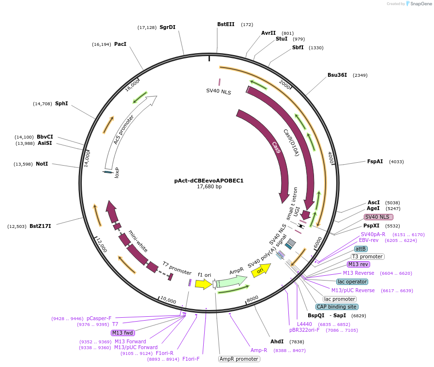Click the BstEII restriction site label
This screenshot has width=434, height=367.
[x=225, y=24]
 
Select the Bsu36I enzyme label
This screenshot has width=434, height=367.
[x=337, y=75]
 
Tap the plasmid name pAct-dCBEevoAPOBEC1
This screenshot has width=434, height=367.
[x=209, y=181]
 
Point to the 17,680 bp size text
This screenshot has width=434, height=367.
[x=209, y=186]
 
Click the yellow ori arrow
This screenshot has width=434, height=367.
[x=260, y=271]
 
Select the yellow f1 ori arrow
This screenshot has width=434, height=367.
[x=203, y=284]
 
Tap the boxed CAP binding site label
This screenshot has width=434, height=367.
[x=336, y=307]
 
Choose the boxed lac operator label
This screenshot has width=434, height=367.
[x=352, y=282]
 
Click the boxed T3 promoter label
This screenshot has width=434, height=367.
[x=367, y=256]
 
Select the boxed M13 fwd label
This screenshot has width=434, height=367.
[x=123, y=333]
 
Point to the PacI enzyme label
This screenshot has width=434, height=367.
[x=120, y=44]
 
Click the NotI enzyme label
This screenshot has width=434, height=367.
[x=42, y=164]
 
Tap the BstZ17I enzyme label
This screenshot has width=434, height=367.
[x=40, y=226]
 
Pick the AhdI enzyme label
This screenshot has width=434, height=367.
[x=277, y=341]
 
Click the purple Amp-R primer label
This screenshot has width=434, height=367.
[x=259, y=350]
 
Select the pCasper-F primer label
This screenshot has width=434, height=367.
[x=99, y=318]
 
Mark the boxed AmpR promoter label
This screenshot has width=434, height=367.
[x=239, y=359]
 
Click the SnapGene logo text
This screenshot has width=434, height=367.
[x=420, y=3]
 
